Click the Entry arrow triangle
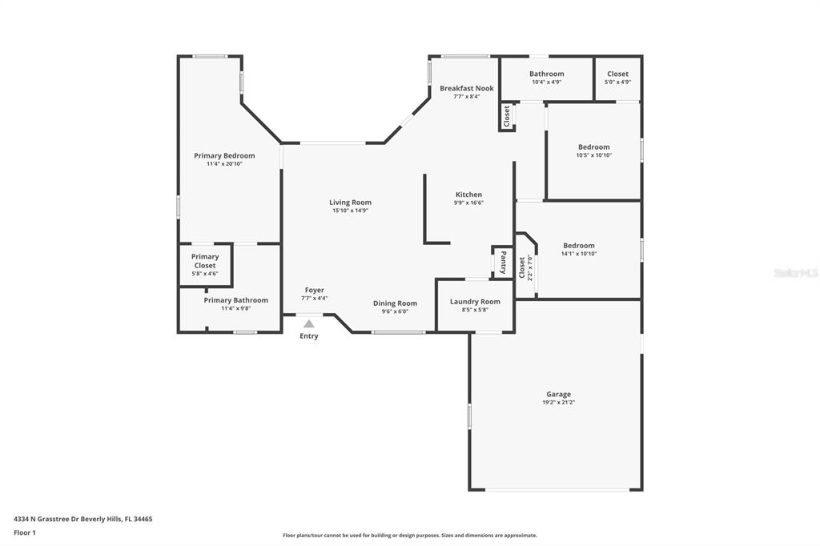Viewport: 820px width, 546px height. click(x=309, y=323)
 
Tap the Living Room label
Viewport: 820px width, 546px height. click(x=351, y=203)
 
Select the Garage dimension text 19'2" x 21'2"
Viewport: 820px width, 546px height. click(x=558, y=403)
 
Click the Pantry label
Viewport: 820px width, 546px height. click(x=503, y=262)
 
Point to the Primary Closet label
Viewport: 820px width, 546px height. click(x=205, y=261)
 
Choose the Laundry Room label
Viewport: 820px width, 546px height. click(x=475, y=302)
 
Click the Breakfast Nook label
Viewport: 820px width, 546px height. click(x=467, y=88)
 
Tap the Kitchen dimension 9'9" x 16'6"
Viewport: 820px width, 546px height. click(x=468, y=203)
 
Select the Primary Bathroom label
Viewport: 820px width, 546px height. click(x=236, y=300)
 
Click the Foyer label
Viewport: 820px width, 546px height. click(x=314, y=291)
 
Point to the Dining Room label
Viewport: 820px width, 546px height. click(x=395, y=303)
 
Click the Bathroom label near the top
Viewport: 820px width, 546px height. click(x=546, y=74)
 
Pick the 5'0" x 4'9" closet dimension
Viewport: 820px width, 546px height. click(x=617, y=82)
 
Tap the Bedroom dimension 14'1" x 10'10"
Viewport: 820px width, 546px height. click(x=579, y=254)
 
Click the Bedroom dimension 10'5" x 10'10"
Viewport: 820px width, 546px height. click(x=593, y=155)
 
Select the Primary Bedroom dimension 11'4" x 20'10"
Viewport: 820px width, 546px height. click(x=224, y=163)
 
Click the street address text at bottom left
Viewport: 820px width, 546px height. click(x=83, y=520)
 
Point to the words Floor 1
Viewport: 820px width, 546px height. click(x=25, y=533)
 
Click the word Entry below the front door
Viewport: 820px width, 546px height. click(x=308, y=336)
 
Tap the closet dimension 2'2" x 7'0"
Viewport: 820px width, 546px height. click(x=529, y=267)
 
